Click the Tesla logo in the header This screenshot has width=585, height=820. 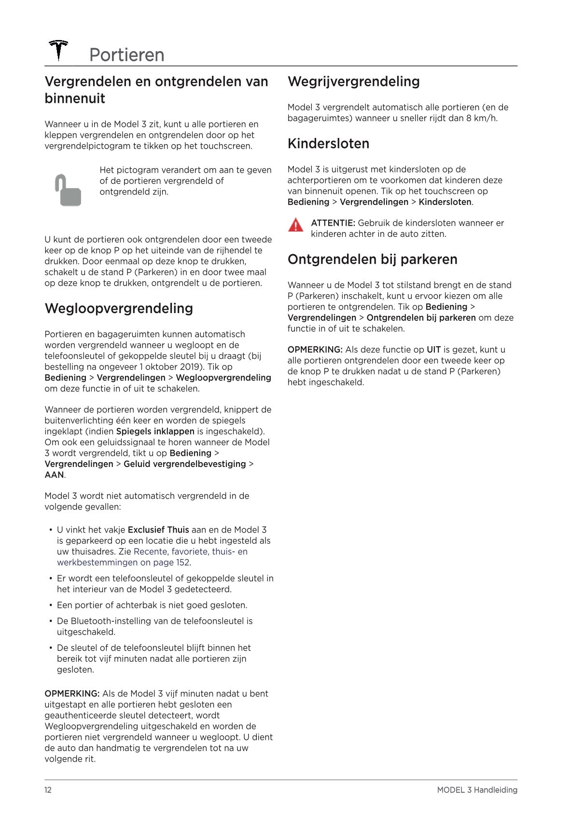(x=58, y=51)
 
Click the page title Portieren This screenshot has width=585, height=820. (x=126, y=55)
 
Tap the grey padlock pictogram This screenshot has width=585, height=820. (x=68, y=190)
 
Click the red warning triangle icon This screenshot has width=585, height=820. (x=295, y=225)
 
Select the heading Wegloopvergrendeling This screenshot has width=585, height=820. (x=119, y=308)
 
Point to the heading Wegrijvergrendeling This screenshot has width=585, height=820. (x=353, y=81)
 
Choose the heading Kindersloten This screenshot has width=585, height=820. (x=328, y=143)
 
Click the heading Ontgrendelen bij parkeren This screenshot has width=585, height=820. (x=372, y=259)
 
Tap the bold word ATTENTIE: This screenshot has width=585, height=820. (x=333, y=223)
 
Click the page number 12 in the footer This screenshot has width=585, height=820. (x=48, y=790)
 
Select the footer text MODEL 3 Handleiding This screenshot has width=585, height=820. (x=477, y=790)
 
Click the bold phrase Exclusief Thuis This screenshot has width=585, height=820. (x=158, y=530)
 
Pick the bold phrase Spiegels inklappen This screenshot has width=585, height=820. (x=155, y=431)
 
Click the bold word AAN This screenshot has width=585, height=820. (x=54, y=475)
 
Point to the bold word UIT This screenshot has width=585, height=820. (x=433, y=349)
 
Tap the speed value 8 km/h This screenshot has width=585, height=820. (x=481, y=118)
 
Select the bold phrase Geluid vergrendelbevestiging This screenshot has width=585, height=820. (x=184, y=464)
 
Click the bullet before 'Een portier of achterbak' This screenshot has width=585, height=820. (x=51, y=605)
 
